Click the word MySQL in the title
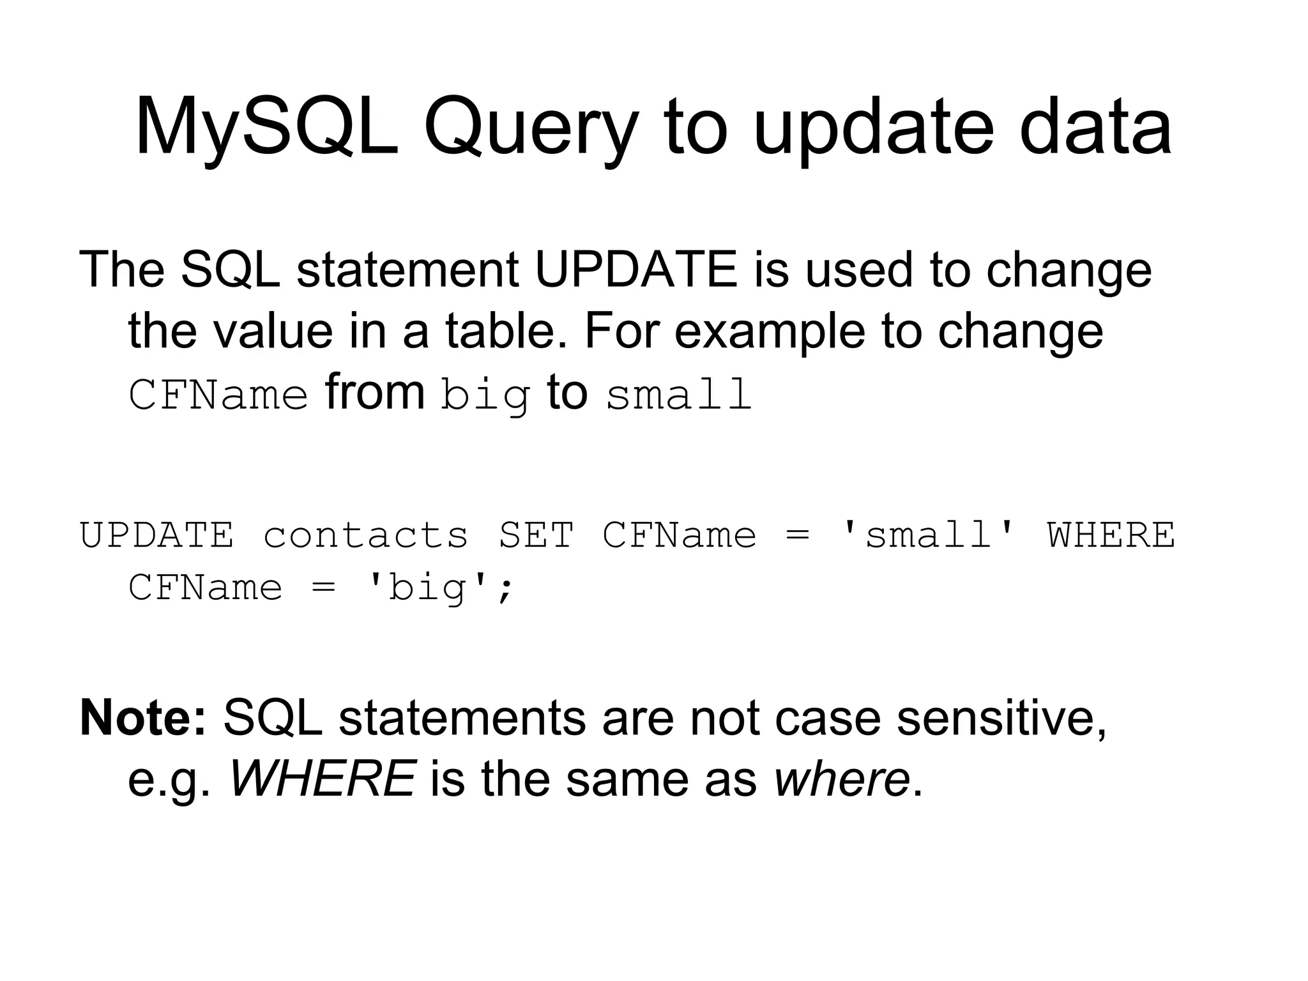tap(266, 128)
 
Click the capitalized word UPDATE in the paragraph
tap(635, 270)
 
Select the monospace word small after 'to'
tap(678, 395)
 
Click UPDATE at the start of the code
tap(157, 535)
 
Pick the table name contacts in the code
tap(365, 535)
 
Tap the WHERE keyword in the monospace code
tap(1111, 535)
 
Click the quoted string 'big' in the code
tap(427, 588)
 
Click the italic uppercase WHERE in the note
tap(323, 779)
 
